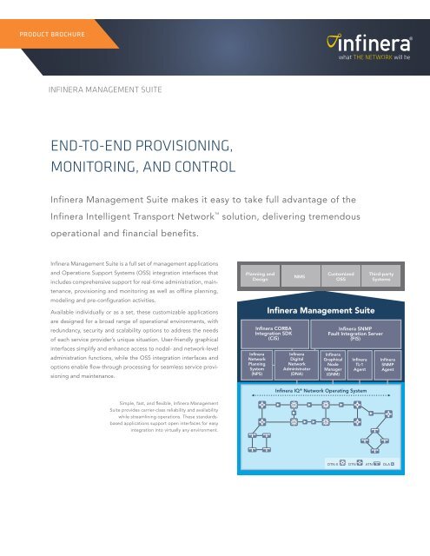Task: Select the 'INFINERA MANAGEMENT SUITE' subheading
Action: click(x=109, y=89)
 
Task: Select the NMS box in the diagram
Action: click(x=298, y=276)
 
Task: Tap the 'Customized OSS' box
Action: click(x=341, y=276)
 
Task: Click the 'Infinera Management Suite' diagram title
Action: click(x=321, y=308)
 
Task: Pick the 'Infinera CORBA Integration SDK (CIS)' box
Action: click(x=272, y=334)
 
